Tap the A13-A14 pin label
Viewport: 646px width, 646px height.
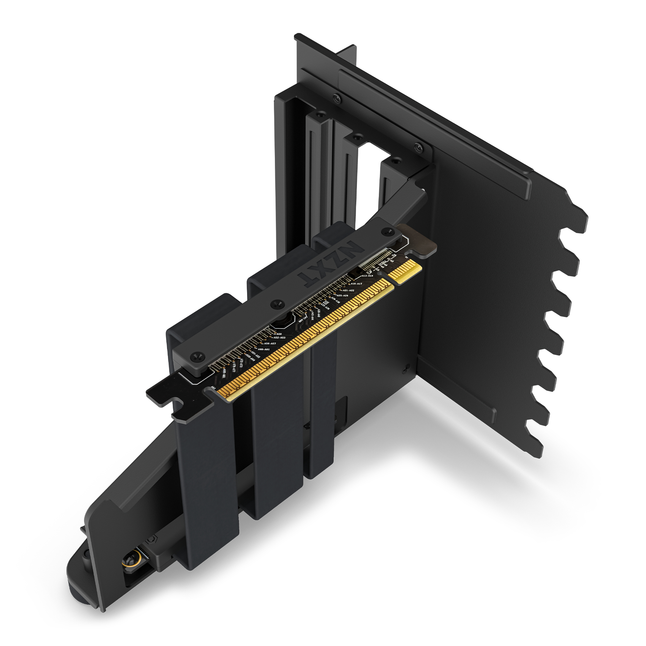point(367,276)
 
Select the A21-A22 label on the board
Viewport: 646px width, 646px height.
point(349,290)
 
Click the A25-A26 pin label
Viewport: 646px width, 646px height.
point(342,296)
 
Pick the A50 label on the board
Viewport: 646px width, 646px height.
point(279,334)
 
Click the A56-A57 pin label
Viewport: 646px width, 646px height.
point(269,343)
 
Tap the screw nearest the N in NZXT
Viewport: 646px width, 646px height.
point(388,230)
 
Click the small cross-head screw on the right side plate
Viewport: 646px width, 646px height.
point(406,368)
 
